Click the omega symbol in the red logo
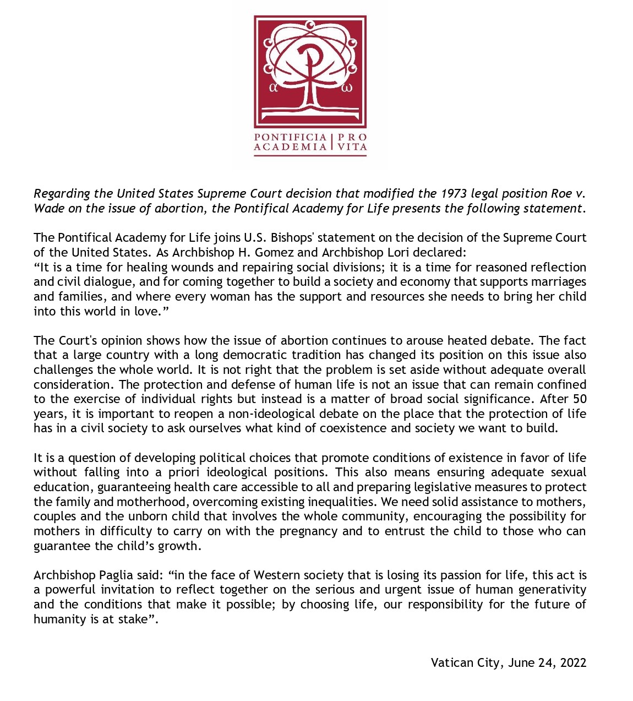(x=347, y=87)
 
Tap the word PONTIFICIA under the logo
(x=290, y=137)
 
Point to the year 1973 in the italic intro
(x=454, y=194)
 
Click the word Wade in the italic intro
(x=48, y=209)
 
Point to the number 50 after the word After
(x=580, y=399)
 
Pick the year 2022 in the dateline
(x=573, y=663)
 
